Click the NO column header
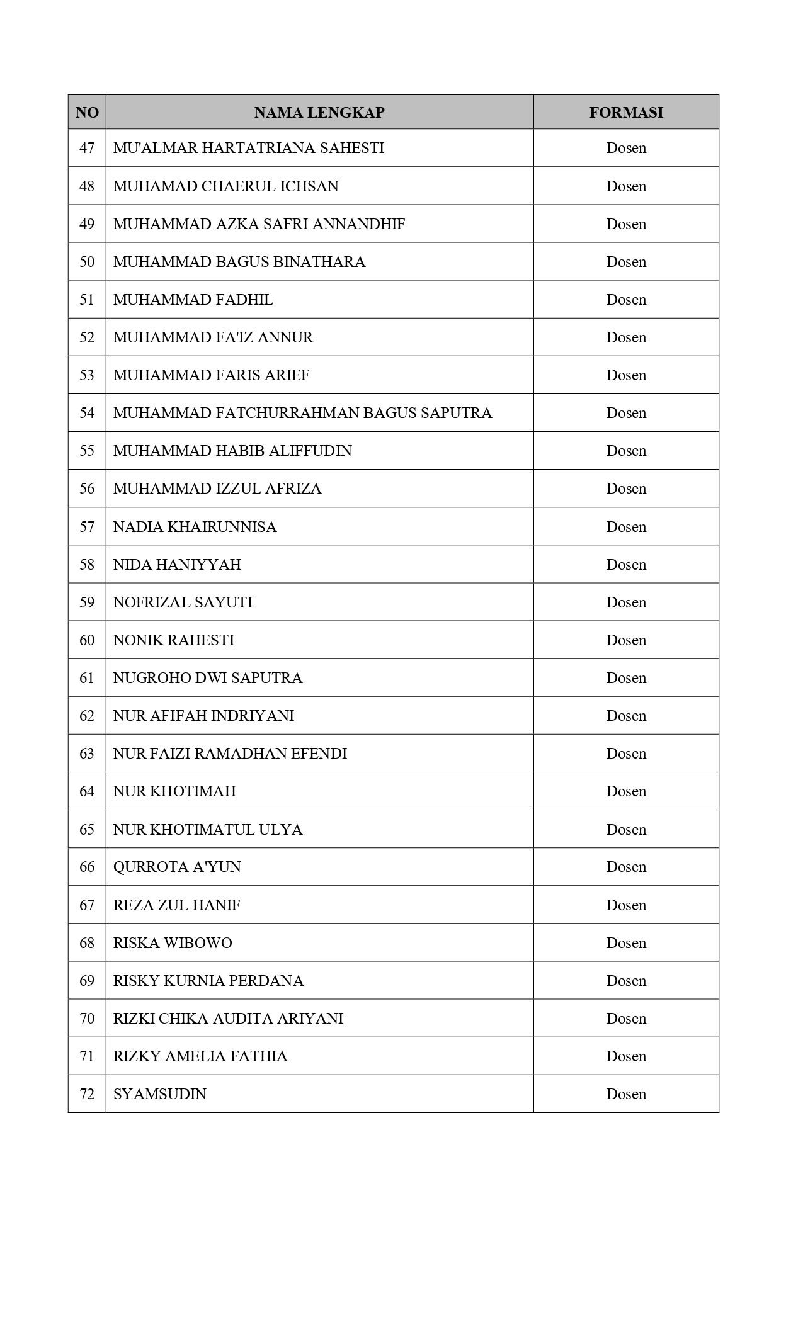coord(87,113)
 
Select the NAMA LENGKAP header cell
coord(319,113)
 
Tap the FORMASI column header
coord(626,113)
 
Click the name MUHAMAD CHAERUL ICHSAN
coord(225,186)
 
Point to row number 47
coord(87,148)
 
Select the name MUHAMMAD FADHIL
coord(193,300)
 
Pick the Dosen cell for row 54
coord(626,413)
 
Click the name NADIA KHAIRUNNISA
coord(195,527)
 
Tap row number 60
coord(87,640)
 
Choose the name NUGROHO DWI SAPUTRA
coord(207,678)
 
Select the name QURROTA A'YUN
coord(177,867)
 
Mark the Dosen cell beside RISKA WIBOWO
coord(626,943)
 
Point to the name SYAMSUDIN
coord(159,1094)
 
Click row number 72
coord(87,1094)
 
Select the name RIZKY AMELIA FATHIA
coord(200,1056)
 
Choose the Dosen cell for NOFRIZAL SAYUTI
coord(626,602)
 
